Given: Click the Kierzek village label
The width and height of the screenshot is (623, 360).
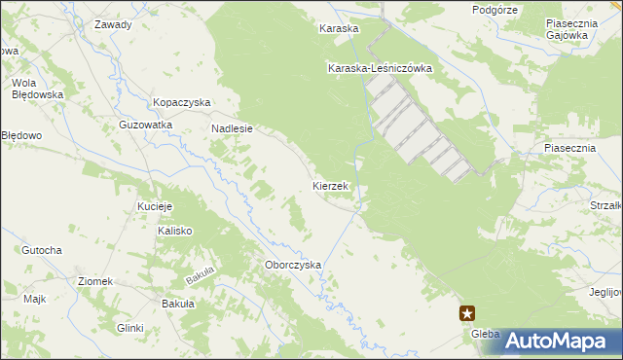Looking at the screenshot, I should pos(331,185).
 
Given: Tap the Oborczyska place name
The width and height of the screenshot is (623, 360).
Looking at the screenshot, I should pos(293,265).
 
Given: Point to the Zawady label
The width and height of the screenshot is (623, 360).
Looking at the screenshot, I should pos(113,24).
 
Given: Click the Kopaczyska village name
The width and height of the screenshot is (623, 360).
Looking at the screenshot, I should pos(182,102).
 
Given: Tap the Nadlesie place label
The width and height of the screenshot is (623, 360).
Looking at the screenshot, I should pos(232,127).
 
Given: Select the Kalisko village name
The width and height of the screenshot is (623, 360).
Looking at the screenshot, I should pos(175,231).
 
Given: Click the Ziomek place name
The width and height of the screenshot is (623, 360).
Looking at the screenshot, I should pos(96,281).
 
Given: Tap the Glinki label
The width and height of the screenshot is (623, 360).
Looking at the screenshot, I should pos(129,328).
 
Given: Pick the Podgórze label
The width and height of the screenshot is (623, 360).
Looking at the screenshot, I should pos(494,10).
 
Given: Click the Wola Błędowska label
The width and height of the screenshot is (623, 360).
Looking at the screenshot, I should pos(37,88).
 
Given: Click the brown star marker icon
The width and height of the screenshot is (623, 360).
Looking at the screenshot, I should pos(468,312).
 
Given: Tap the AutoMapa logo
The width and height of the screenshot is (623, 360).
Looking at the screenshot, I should pos(557,341).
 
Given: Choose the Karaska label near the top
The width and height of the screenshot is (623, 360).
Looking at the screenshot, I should pos(339,29).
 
